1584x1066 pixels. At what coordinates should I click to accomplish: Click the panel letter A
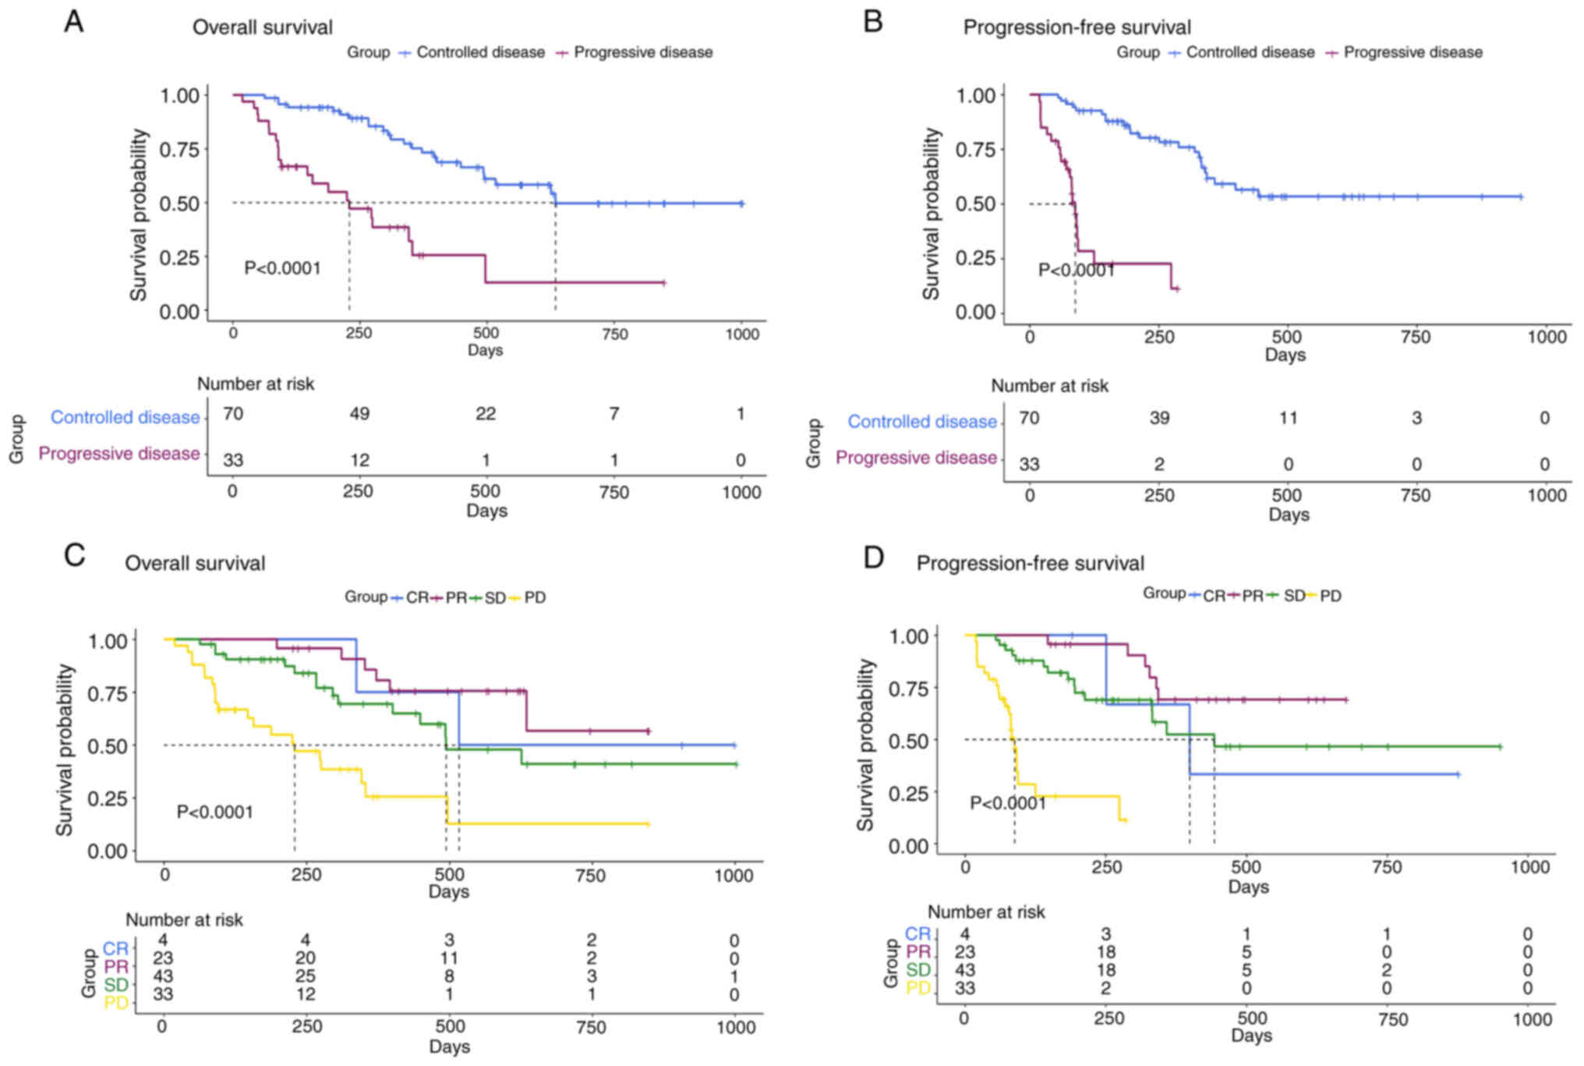click(x=74, y=22)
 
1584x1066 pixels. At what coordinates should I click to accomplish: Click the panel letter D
click(x=874, y=558)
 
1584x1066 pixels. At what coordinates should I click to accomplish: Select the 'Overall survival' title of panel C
click(x=195, y=563)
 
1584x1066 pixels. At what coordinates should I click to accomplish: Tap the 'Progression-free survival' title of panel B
click(x=1077, y=27)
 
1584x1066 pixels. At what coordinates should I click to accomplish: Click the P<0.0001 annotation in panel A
click(x=282, y=268)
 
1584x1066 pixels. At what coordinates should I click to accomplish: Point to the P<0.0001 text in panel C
click(x=214, y=812)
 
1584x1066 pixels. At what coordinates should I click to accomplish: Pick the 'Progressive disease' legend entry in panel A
click(x=642, y=52)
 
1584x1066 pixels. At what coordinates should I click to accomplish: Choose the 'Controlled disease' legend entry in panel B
click(x=1250, y=52)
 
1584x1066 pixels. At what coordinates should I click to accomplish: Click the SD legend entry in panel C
click(x=494, y=597)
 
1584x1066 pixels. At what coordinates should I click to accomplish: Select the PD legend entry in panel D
click(x=1330, y=596)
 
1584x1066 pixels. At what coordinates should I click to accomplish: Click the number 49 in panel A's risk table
click(x=359, y=413)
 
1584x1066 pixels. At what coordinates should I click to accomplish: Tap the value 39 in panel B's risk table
click(x=1158, y=418)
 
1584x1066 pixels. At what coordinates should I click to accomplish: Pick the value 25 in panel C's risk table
click(x=305, y=976)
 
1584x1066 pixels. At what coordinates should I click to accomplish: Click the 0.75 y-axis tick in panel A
click(x=179, y=149)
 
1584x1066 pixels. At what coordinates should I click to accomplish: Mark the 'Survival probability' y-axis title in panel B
click(x=931, y=214)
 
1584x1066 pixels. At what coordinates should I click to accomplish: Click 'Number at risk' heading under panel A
click(x=255, y=384)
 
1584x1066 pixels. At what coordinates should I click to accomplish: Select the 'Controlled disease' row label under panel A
click(x=125, y=417)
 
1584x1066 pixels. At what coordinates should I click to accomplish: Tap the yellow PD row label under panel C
click(x=116, y=1002)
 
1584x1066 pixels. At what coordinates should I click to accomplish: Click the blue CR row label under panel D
click(x=918, y=933)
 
